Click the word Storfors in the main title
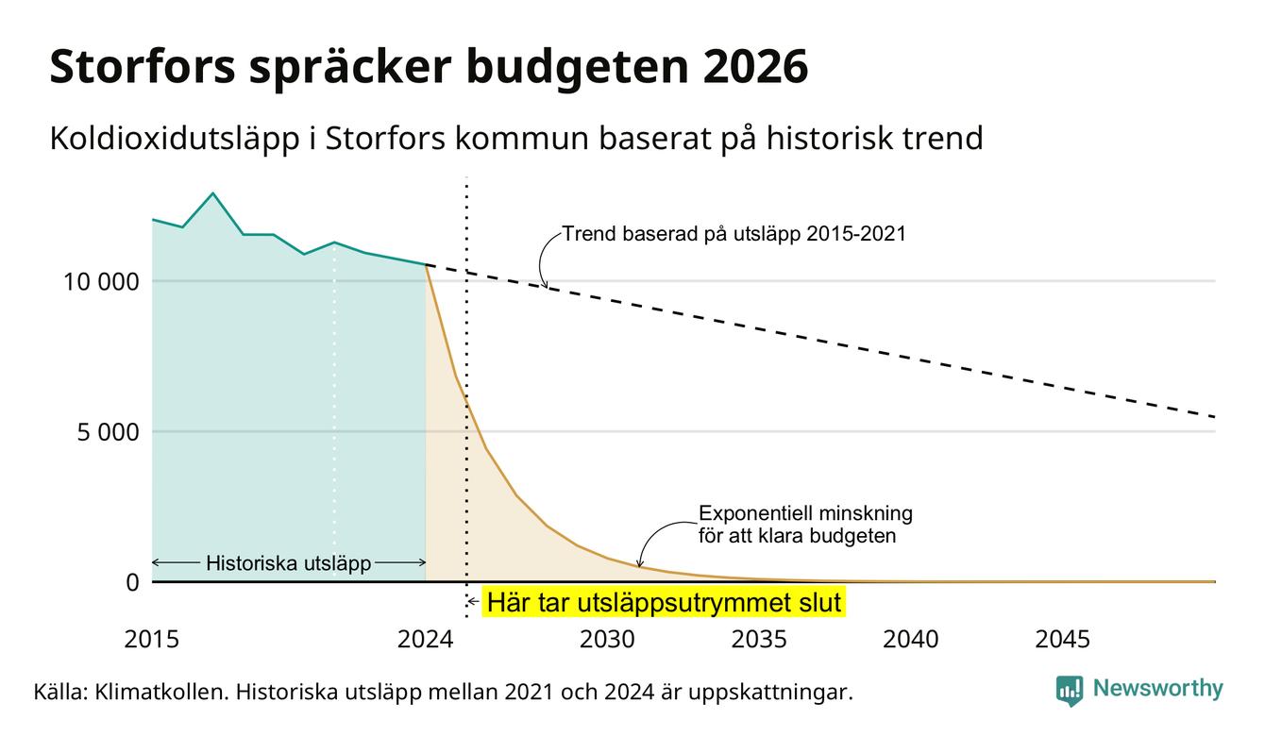[x=143, y=67]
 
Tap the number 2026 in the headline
[x=755, y=67]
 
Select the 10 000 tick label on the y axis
[x=101, y=281]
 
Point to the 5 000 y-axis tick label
[x=108, y=432]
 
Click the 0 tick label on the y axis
[x=133, y=582]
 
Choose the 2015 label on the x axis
[x=151, y=640]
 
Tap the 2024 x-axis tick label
[x=425, y=640]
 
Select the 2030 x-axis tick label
[x=608, y=640]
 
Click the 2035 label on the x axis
[x=759, y=640]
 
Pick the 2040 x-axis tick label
[x=911, y=640]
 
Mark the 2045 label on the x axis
[x=1062, y=640]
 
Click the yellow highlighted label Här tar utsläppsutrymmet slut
[x=664, y=602]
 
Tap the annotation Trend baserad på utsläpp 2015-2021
[x=734, y=234]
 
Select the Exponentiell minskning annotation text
[x=805, y=525]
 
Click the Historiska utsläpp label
[x=289, y=563]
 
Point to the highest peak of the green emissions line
[x=213, y=193]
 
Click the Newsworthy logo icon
[x=1070, y=691]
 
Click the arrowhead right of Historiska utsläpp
[x=422, y=562]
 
